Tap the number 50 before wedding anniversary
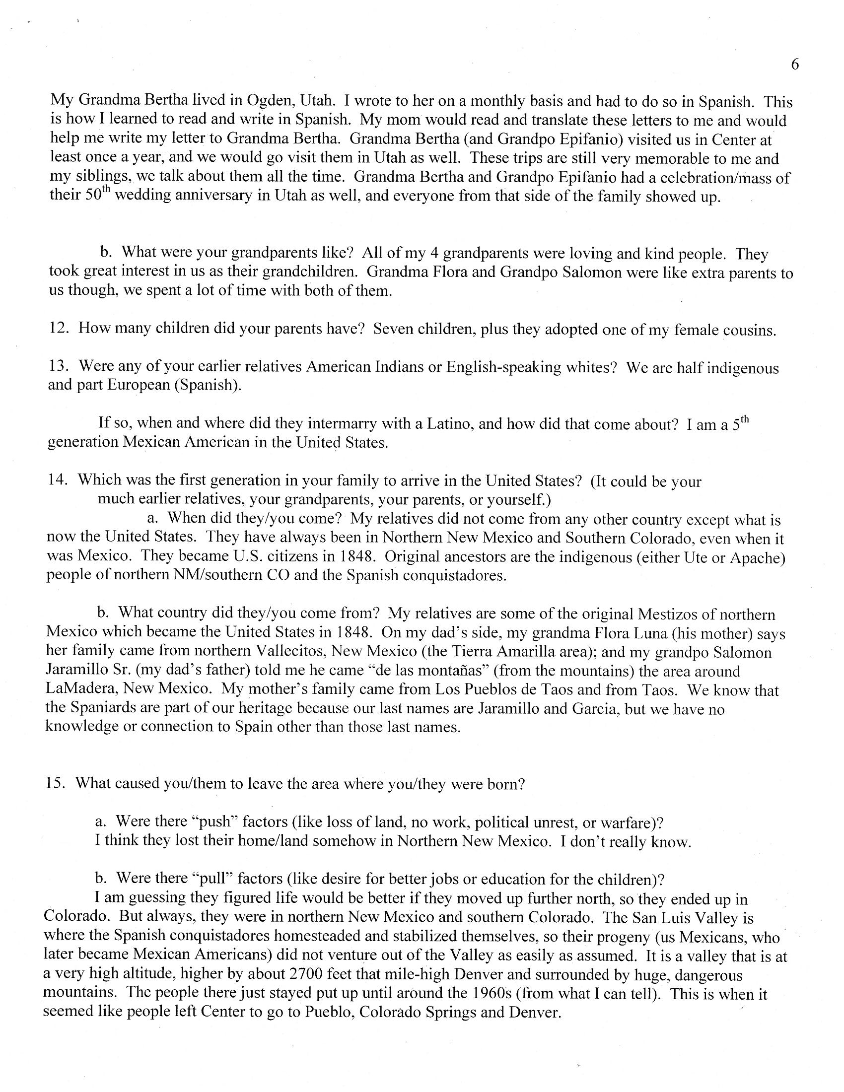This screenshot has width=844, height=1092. point(93,195)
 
